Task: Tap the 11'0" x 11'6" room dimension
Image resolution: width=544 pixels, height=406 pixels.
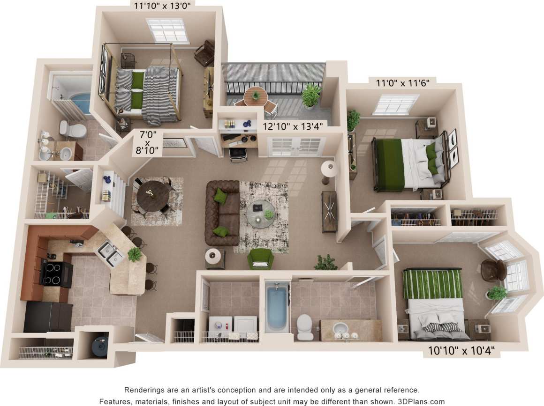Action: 402,84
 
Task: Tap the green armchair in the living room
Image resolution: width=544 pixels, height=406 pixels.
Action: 260,258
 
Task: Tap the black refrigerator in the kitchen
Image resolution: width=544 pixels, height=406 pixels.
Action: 48,317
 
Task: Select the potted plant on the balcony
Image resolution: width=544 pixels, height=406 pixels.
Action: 311,95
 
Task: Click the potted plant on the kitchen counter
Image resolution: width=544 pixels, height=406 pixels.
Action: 135,253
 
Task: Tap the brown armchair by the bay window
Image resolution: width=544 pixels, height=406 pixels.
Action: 494,270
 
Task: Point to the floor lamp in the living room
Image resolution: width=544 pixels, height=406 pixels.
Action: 328,169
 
